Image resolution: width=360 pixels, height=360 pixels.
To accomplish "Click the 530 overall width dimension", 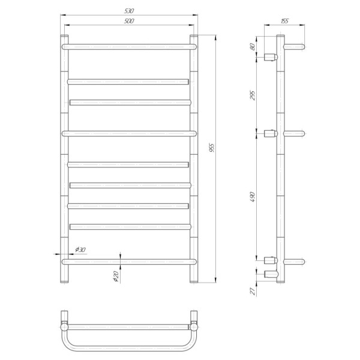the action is point(129,11).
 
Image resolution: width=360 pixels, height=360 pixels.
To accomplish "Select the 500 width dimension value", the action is point(129,21).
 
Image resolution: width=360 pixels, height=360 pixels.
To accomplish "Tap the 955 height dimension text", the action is point(212,148).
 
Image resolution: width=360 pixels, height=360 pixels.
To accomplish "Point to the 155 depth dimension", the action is point(284,21).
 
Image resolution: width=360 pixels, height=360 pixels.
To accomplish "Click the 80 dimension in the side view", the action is point(253,47).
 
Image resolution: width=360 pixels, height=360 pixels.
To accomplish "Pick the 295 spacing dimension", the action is point(253,95).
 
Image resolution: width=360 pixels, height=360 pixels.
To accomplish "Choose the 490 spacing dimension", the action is point(253,197).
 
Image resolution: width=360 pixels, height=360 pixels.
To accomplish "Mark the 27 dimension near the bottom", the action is point(253,291).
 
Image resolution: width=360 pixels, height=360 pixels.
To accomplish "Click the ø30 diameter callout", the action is point(80,250).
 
